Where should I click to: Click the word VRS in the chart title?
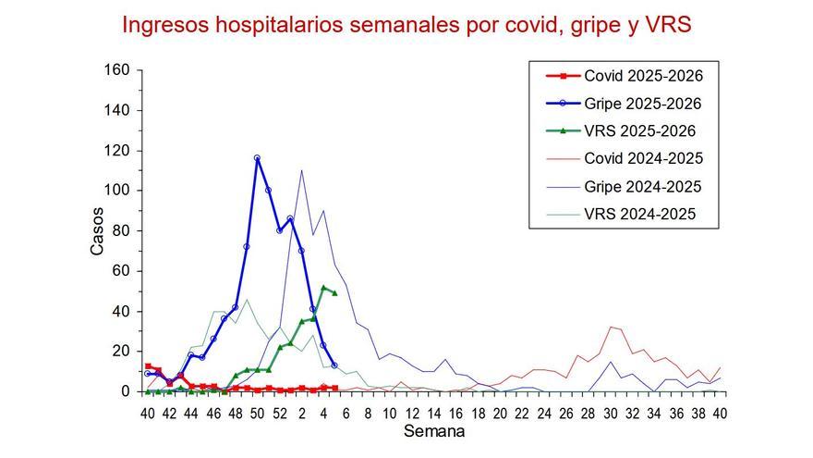[x=665, y=25]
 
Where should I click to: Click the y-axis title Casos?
[x=98, y=231]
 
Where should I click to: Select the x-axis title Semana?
[x=434, y=431]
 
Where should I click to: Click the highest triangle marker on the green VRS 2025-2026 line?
[x=323, y=288]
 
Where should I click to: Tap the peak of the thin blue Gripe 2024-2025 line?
[x=301, y=170]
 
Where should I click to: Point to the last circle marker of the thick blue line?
[x=334, y=365]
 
